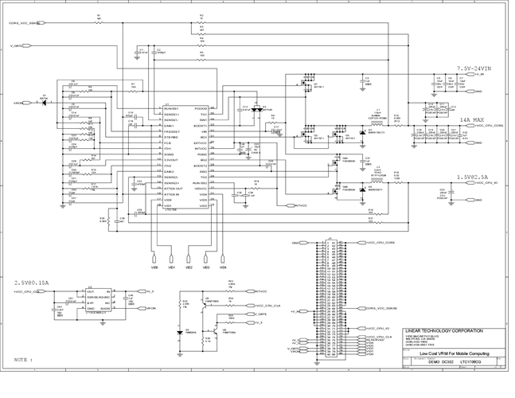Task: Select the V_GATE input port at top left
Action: click(19, 45)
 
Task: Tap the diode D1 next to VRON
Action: click(44, 103)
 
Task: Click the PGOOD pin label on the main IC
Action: click(201, 108)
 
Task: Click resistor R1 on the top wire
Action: click(99, 18)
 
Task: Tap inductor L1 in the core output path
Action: click(379, 114)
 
